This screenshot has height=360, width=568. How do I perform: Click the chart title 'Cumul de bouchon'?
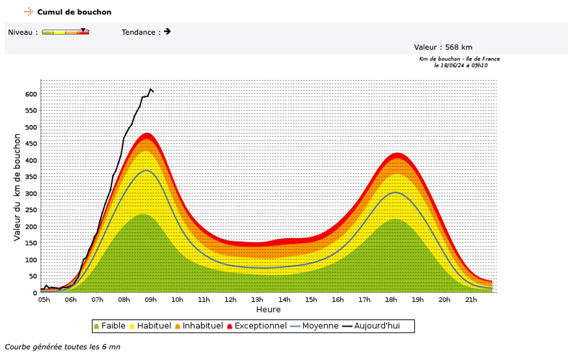click(x=74, y=12)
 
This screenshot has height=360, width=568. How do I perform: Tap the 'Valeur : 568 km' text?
click(x=443, y=48)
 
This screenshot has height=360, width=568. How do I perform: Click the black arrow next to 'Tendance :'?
click(x=167, y=32)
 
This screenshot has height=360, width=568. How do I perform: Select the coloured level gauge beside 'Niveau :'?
click(x=66, y=32)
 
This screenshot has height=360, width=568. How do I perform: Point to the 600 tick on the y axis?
click(x=31, y=94)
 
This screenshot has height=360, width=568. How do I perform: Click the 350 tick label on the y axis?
click(x=31, y=177)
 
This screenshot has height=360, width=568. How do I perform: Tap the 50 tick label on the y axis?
click(x=34, y=276)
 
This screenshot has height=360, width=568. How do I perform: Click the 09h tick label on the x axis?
click(x=151, y=300)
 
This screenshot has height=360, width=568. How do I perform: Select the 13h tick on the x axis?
click(x=257, y=300)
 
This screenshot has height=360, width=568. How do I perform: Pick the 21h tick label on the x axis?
click(x=470, y=300)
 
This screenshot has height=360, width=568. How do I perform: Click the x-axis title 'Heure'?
click(x=269, y=310)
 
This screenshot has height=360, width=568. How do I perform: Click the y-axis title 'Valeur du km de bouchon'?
click(x=17, y=187)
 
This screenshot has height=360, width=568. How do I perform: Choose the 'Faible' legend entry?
click(x=109, y=326)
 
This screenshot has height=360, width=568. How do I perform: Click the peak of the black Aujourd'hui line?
click(x=150, y=89)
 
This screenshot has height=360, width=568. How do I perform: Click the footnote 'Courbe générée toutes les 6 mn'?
click(x=62, y=347)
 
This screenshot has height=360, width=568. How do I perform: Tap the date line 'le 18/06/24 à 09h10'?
click(x=461, y=65)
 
